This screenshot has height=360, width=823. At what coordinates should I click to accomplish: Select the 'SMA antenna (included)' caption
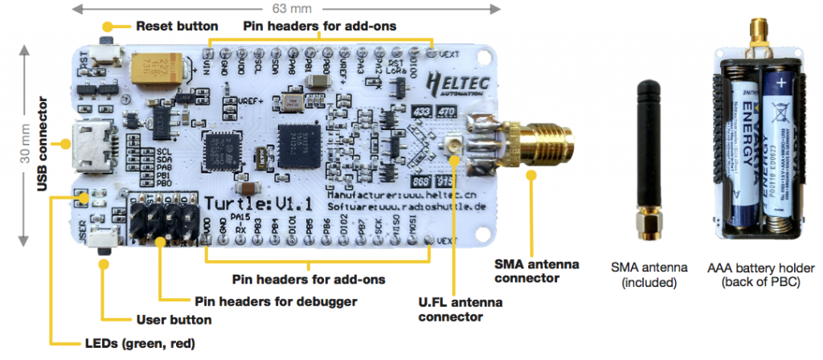tap(649, 276)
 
